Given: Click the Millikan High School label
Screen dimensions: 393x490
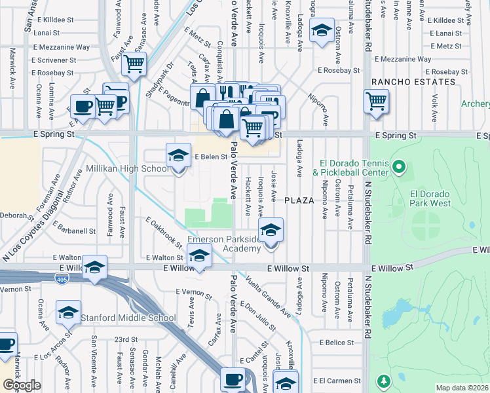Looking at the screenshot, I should [x=128, y=169].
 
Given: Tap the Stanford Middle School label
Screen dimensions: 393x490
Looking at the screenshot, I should [x=128, y=318].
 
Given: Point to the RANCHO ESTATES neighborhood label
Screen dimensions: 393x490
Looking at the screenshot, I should [x=413, y=82].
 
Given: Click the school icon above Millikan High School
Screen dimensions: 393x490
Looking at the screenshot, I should [x=177, y=156].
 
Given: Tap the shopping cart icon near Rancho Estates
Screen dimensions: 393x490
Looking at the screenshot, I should [x=376, y=101].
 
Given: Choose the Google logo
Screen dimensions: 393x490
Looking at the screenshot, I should [x=22, y=384].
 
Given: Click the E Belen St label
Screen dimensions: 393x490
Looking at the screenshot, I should [x=210, y=157].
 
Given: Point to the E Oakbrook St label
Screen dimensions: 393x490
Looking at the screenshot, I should [x=164, y=232].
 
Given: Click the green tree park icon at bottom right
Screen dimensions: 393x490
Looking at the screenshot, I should [x=382, y=382].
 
